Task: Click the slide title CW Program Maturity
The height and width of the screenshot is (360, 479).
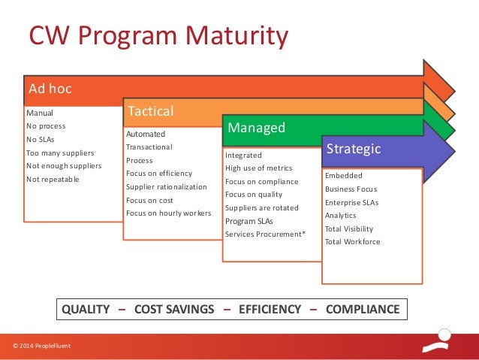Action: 158,36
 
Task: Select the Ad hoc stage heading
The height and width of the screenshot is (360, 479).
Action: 50,89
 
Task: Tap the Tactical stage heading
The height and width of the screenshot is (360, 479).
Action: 151,111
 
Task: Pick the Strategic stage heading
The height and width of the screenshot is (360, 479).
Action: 353,149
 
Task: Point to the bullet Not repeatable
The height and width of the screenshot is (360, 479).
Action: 53,180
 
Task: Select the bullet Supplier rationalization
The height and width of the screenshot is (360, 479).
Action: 165,186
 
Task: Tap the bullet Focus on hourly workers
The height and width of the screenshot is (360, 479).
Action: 168,213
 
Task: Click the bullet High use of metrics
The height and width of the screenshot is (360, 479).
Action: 259,168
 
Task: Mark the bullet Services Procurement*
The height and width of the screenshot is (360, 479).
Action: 265,234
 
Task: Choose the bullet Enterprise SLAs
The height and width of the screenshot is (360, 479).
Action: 351,202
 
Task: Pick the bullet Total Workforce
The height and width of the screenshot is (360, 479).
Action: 352,242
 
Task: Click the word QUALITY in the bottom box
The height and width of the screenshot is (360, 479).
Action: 86,309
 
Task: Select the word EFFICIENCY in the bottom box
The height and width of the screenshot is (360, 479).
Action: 270,309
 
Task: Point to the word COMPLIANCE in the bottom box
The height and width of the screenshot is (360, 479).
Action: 363,309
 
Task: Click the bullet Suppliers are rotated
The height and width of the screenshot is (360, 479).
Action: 262,208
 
